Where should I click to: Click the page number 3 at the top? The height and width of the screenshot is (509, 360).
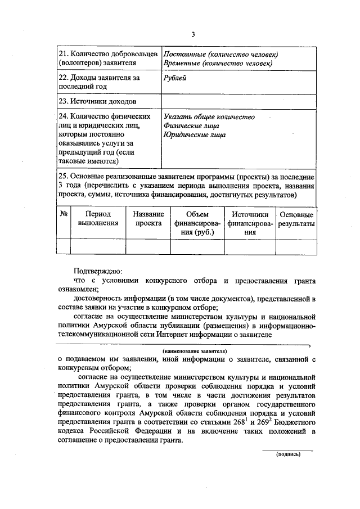(x=192, y=34)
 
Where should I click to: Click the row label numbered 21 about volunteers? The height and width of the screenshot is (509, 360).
(x=107, y=58)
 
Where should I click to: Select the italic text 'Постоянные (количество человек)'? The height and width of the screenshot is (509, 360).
(x=220, y=54)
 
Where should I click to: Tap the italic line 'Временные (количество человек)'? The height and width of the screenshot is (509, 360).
(x=218, y=64)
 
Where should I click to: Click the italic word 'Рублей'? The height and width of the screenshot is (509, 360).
(x=175, y=78)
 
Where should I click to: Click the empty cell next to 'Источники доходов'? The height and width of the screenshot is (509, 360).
(x=238, y=102)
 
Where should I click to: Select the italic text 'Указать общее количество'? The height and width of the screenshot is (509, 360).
(x=209, y=117)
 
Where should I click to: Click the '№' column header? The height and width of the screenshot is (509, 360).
(x=64, y=214)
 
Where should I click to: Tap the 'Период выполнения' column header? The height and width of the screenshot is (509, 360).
(x=98, y=218)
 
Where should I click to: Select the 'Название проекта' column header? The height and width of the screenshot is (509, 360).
(x=148, y=218)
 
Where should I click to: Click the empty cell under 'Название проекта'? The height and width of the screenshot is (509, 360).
(x=148, y=246)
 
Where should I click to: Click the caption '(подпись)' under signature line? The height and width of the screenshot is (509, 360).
(x=287, y=454)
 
